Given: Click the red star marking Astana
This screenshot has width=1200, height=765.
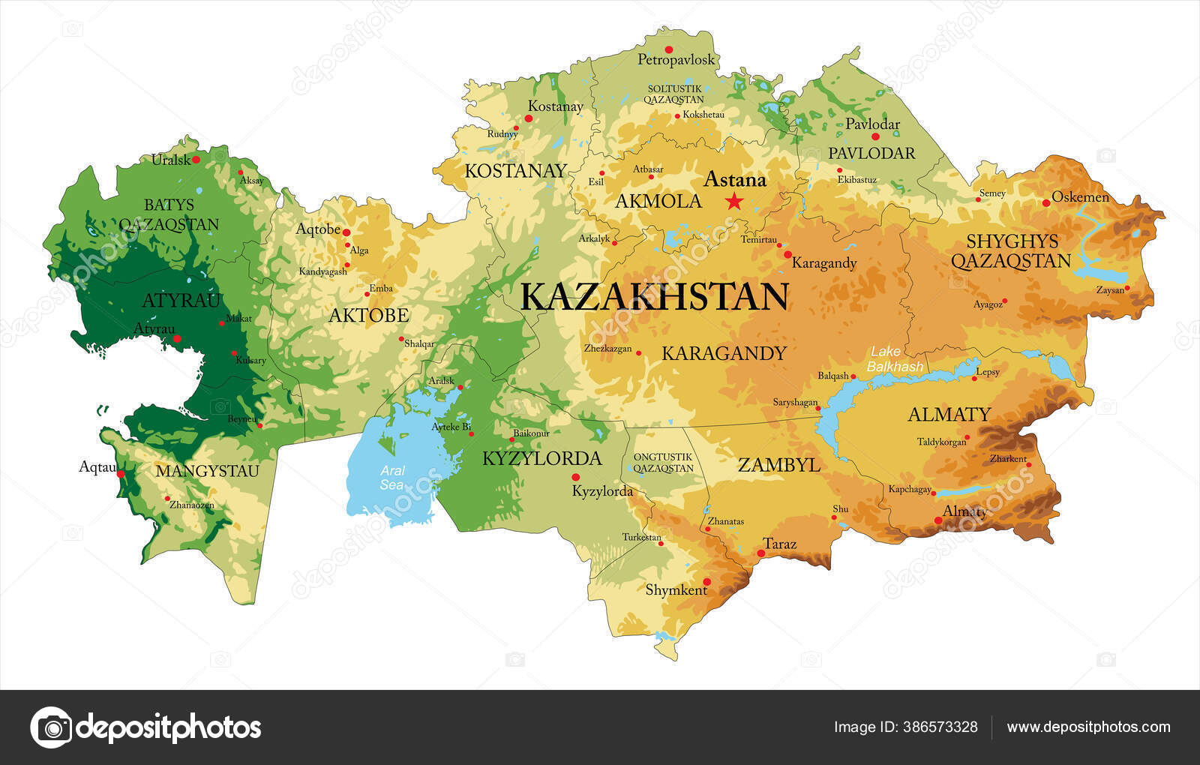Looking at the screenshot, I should [733, 201].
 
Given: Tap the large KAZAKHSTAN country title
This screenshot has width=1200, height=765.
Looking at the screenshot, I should [654, 297].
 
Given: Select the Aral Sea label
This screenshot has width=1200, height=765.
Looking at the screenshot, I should [392, 478].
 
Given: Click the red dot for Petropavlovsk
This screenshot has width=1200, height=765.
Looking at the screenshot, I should [668, 49].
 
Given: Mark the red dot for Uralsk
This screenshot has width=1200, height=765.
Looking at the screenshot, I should [196, 159].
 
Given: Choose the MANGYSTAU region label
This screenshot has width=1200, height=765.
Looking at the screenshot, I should [207, 471].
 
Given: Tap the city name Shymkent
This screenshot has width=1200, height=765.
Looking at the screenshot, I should [676, 590].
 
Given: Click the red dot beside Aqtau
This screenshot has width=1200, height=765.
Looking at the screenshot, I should [121, 474].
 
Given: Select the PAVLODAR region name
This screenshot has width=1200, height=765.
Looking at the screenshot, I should [871, 153].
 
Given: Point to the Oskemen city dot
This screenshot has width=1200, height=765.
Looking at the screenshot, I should [1046, 202].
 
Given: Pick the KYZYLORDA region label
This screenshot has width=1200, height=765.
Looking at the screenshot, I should [541, 458].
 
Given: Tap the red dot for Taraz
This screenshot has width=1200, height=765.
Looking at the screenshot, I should [761, 553].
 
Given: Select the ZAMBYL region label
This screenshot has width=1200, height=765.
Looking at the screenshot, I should [778, 465].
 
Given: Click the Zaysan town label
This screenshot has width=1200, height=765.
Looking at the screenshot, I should [1109, 290].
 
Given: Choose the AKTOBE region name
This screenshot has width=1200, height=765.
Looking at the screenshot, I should [369, 316].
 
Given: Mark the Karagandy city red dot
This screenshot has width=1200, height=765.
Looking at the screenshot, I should [787, 254].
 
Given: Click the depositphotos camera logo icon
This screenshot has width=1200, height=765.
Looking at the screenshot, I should [51, 727].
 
